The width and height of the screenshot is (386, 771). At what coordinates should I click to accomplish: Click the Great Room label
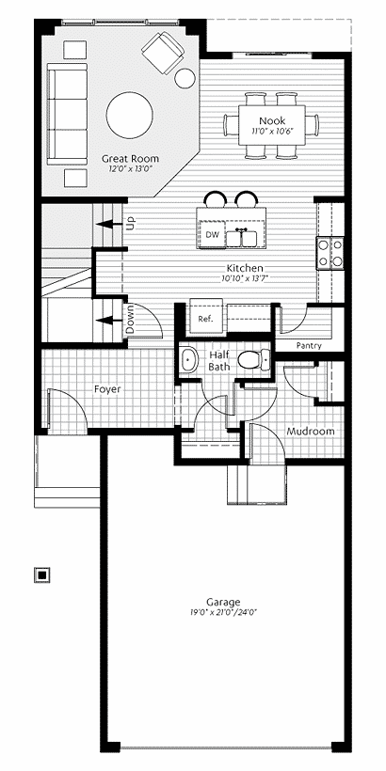131,159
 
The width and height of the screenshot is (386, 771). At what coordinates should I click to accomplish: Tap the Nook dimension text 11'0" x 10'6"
272,132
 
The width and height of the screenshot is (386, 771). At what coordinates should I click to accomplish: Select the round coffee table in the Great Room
130,116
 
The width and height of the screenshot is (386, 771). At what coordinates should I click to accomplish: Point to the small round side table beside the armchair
185,78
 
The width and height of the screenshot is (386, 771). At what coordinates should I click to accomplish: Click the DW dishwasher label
212,234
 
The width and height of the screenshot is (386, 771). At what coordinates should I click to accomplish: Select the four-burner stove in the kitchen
330,253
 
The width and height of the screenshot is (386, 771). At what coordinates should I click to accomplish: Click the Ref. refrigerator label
205,319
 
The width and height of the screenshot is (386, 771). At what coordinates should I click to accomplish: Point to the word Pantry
309,346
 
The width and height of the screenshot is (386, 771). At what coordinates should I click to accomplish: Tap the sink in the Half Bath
187,360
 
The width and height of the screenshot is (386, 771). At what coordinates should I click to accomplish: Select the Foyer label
107,389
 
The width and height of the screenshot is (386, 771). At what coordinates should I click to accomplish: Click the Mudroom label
311,432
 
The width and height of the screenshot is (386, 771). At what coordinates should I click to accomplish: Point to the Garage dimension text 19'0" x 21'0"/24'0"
224,613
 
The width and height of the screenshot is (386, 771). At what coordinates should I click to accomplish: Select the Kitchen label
245,269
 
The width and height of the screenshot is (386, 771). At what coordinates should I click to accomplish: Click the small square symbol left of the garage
42,574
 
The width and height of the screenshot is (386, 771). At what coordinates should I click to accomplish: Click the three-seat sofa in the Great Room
67,114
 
